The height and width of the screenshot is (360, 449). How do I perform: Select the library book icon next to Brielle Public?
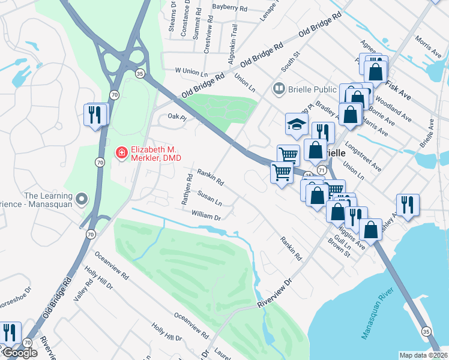pyautogui.click(x=278, y=89)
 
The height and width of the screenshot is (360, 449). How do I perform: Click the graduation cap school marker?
pyautogui.click(x=295, y=124)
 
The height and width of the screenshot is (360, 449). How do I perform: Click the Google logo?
pyautogui.click(x=19, y=353)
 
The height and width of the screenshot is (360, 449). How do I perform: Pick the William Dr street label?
pyautogui.click(x=206, y=214)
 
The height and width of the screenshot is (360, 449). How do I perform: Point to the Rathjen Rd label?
pyautogui.click(x=187, y=190)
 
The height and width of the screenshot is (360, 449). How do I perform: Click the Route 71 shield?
pyautogui.click(x=322, y=170)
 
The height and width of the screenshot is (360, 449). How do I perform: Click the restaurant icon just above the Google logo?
pyautogui.click(x=10, y=332)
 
